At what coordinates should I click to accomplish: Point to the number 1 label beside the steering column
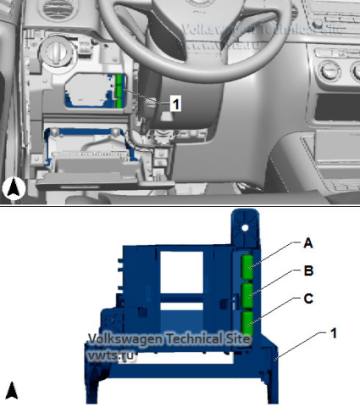tap(175, 103)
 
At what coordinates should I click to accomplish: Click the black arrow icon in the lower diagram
tap(13, 390)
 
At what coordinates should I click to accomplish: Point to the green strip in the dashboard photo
tap(120, 92)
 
